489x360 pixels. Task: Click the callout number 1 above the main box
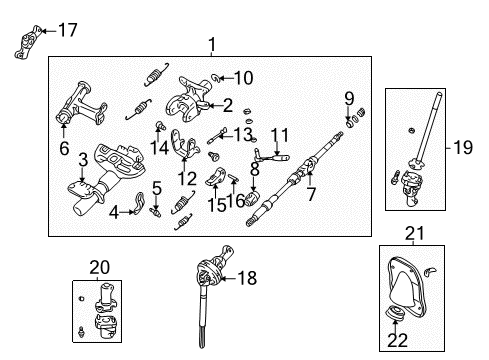click(x=211, y=43)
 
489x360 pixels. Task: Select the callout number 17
click(x=68, y=30)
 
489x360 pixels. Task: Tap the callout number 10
click(x=243, y=76)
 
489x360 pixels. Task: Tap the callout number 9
click(x=349, y=98)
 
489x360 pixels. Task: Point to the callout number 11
click(x=279, y=133)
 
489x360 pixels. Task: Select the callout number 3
click(x=84, y=159)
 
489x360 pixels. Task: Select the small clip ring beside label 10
click(x=217, y=76)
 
